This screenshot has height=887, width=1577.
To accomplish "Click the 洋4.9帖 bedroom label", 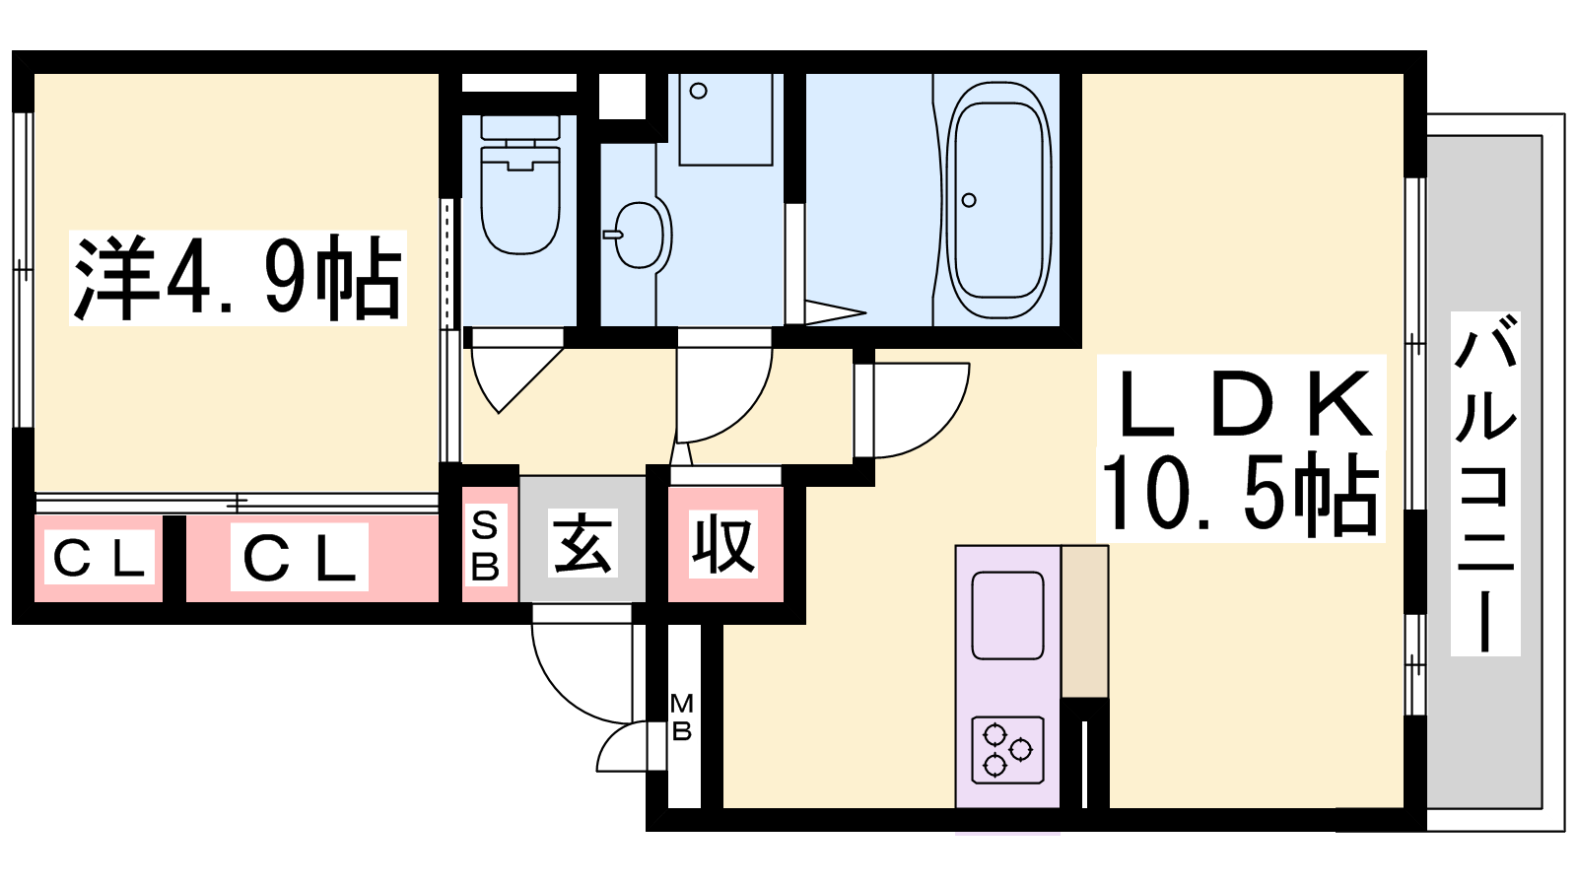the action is (238, 277).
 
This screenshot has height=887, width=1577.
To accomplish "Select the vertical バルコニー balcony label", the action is (1484, 484).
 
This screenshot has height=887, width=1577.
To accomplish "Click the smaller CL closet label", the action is (100, 559).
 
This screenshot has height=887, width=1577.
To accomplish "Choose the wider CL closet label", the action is (300, 558).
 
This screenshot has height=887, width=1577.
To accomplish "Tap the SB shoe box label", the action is (484, 546).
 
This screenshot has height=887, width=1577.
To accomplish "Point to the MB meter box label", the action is (681, 716).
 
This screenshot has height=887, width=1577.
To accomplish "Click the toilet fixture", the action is (520, 184).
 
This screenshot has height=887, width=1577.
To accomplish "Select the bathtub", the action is (998, 201).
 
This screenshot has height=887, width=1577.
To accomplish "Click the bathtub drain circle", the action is (969, 200).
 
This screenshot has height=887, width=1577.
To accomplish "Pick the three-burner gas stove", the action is (1007, 750).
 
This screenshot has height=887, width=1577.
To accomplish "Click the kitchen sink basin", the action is (1007, 615).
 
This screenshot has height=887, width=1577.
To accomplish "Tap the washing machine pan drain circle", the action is (699, 91).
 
